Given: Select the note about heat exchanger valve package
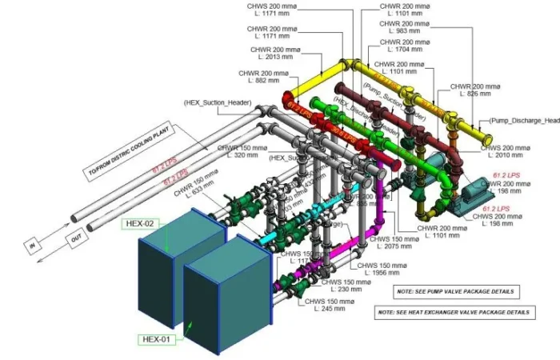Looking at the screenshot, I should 454,310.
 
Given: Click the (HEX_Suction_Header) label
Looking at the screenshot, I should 217,103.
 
